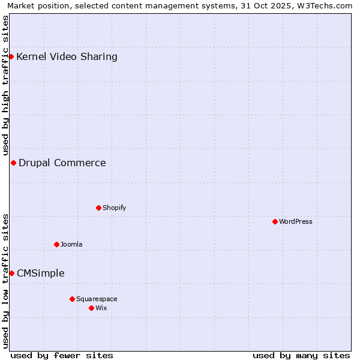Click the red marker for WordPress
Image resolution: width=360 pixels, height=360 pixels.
pyautogui.click(x=275, y=221)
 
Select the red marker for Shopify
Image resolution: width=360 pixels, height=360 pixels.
pyautogui.click(x=98, y=208)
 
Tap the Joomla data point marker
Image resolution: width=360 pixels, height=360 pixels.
pyautogui.click(x=56, y=244)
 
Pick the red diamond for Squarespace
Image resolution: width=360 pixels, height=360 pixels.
pyautogui.click(x=72, y=299)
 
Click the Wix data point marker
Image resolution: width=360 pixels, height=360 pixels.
pyautogui.click(x=91, y=308)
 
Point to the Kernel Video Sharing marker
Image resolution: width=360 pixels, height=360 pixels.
pyautogui.click(x=11, y=57)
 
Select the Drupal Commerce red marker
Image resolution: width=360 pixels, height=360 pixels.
pyautogui.click(x=13, y=163)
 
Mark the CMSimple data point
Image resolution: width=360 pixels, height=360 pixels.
pyautogui.click(x=11, y=273)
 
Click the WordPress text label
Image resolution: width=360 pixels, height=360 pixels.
pyautogui.click(x=296, y=221)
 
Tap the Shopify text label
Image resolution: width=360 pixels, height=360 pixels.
pyautogui.click(x=114, y=208)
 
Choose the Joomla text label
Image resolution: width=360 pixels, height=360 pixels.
pyautogui.click(x=71, y=244)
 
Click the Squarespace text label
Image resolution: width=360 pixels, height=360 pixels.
pyautogui.click(x=97, y=299)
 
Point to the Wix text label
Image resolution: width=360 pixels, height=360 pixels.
pyautogui.click(x=101, y=308)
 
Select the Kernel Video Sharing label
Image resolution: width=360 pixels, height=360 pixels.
pyautogui.click(x=67, y=57)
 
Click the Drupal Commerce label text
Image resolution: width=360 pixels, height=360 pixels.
pyautogui.click(x=62, y=163)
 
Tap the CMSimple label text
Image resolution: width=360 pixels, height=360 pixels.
pyautogui.click(x=41, y=273)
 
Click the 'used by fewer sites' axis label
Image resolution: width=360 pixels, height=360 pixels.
pyautogui.click(x=62, y=355)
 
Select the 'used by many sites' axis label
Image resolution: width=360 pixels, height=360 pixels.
pyautogui.click(x=301, y=355)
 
